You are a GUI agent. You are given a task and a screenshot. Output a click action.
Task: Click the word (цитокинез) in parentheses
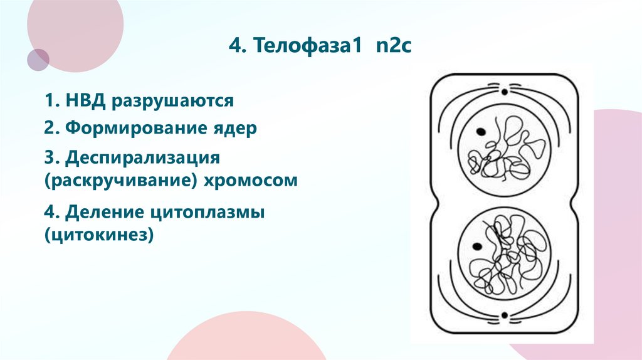[x=98, y=236]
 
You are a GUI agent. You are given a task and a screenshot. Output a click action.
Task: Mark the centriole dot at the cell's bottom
[x=502, y=314]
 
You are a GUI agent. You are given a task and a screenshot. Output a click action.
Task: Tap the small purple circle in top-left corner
[x=38, y=60]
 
